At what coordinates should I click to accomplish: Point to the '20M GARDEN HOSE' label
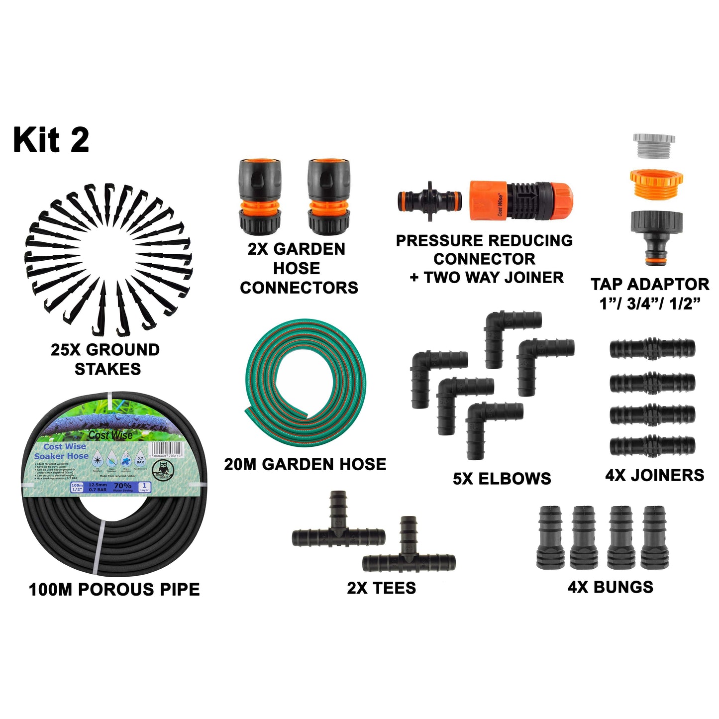305,464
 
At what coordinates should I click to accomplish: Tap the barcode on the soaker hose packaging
166,450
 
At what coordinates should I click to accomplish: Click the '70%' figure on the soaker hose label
123,486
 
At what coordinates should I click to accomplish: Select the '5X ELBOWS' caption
502,479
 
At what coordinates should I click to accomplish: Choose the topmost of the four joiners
652,348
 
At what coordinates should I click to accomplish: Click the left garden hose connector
260,197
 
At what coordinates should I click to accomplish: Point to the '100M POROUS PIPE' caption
114,590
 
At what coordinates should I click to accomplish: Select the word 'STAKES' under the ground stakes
107,369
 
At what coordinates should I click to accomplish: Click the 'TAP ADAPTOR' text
650,284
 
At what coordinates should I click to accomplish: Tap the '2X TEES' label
381,588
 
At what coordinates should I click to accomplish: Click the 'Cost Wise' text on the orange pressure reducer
500,205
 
